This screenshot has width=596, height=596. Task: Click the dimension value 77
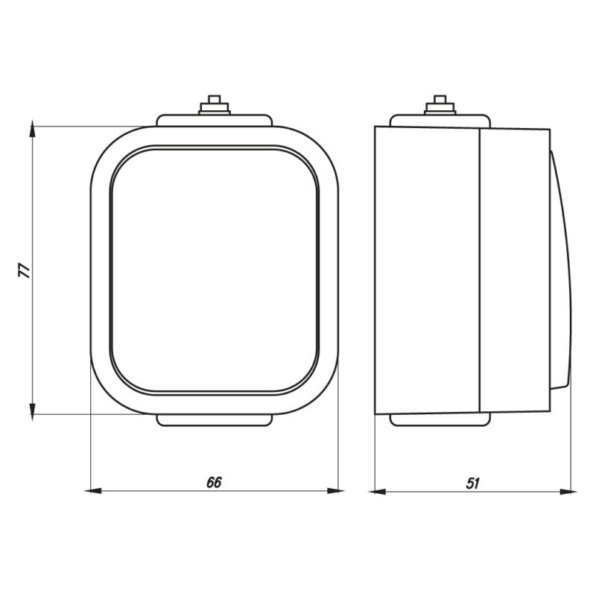pyautogui.click(x=25, y=270)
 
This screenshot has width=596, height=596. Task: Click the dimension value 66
pyautogui.click(x=214, y=482)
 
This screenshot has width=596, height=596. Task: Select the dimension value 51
pyautogui.click(x=472, y=482)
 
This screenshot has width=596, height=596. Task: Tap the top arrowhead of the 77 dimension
pyautogui.click(x=32, y=131)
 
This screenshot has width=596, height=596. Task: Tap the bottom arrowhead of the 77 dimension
pyautogui.click(x=32, y=409)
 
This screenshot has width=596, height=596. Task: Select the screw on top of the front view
pyautogui.click(x=215, y=105)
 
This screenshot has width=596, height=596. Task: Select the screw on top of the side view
pyautogui.click(x=440, y=105)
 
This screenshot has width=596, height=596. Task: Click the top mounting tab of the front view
pyautogui.click(x=215, y=120)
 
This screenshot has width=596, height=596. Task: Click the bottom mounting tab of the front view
pyautogui.click(x=215, y=421)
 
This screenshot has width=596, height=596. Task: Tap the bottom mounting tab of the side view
pyautogui.click(x=440, y=419)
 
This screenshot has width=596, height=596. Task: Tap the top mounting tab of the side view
pyautogui.click(x=440, y=120)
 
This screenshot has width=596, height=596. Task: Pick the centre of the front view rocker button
pyautogui.click(x=215, y=270)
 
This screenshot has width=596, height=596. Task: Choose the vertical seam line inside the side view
pyautogui.click(x=479, y=270)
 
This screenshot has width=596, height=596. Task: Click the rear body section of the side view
pyautogui.click(x=426, y=270)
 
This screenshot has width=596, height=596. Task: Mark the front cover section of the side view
pyautogui.click(x=514, y=270)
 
